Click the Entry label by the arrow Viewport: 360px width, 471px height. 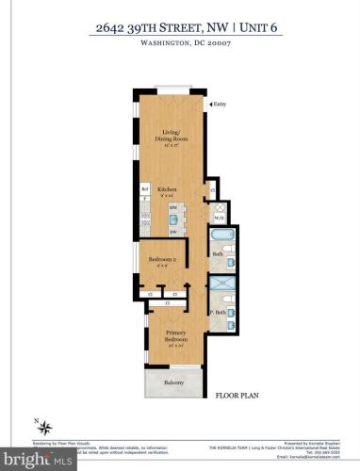[220, 104]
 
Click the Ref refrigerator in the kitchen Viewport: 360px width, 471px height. [145, 189]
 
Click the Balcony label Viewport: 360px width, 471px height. [172, 383]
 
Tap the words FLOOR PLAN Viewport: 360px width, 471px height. [237, 397]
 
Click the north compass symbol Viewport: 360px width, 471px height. [38, 426]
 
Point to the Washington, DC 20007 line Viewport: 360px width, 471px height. [179, 42]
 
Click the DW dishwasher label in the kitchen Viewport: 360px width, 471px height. [172, 233]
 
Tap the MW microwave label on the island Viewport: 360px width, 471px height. [172, 206]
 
